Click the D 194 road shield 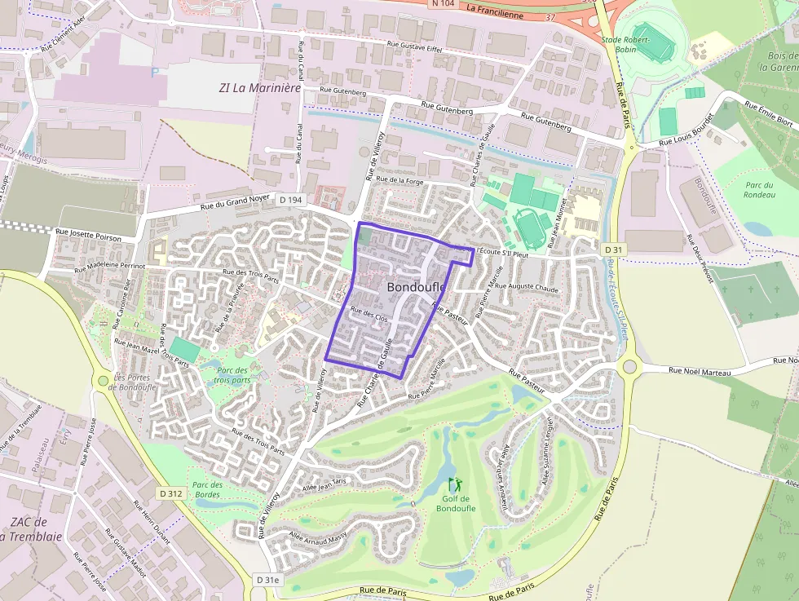tap(290, 200)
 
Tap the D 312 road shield tap(171, 493)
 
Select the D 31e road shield tap(267, 580)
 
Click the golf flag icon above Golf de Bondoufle tap(454, 484)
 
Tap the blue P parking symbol tap(155, 73)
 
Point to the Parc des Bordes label tap(207, 489)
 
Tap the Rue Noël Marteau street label tap(699, 372)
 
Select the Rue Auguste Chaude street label tap(527, 287)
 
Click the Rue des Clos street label tap(369, 315)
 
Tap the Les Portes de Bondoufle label tap(135, 382)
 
